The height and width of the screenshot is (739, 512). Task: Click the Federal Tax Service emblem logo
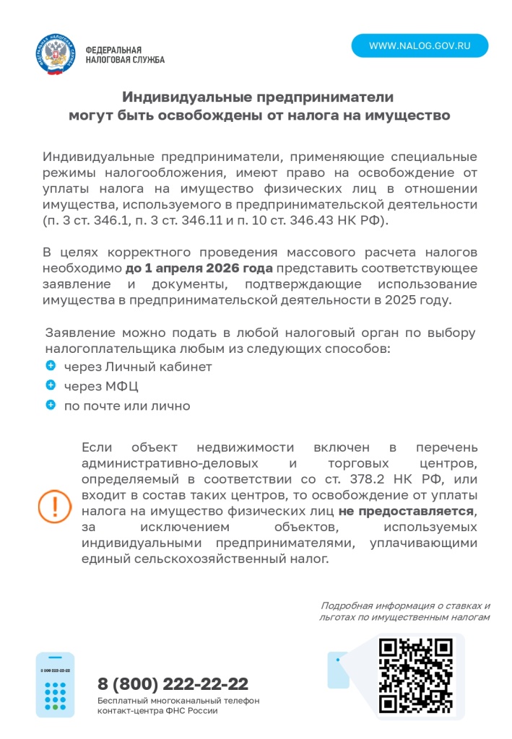[x=55, y=55]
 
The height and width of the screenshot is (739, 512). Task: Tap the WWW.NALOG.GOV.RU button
[x=420, y=45]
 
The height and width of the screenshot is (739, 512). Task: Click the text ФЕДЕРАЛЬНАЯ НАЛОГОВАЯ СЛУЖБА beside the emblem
[x=124, y=55]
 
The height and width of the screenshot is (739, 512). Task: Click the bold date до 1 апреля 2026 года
[x=199, y=268]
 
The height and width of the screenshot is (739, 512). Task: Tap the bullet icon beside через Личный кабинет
[x=51, y=367]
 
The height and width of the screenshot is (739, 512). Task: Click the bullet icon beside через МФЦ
[x=51, y=386]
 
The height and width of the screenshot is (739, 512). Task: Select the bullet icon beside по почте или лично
[x=51, y=406]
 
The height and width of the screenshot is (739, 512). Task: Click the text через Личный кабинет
[x=138, y=367]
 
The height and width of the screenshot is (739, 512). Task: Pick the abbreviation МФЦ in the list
[x=122, y=387]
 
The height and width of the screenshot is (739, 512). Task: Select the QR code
[x=416, y=675]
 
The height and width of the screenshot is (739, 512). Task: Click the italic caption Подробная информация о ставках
[x=405, y=606]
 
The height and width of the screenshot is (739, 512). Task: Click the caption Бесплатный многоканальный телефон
[x=178, y=701]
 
